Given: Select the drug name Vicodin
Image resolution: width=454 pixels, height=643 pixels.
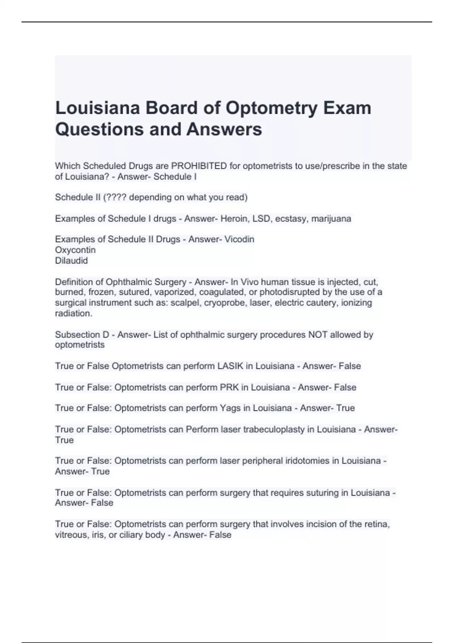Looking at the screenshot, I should click(239, 239).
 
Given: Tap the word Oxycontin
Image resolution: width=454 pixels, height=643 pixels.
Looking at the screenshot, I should click(75, 250).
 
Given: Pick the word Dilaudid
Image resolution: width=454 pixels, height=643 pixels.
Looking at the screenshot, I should click(72, 261).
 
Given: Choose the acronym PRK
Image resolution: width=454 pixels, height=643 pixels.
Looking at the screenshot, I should click(229, 387).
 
